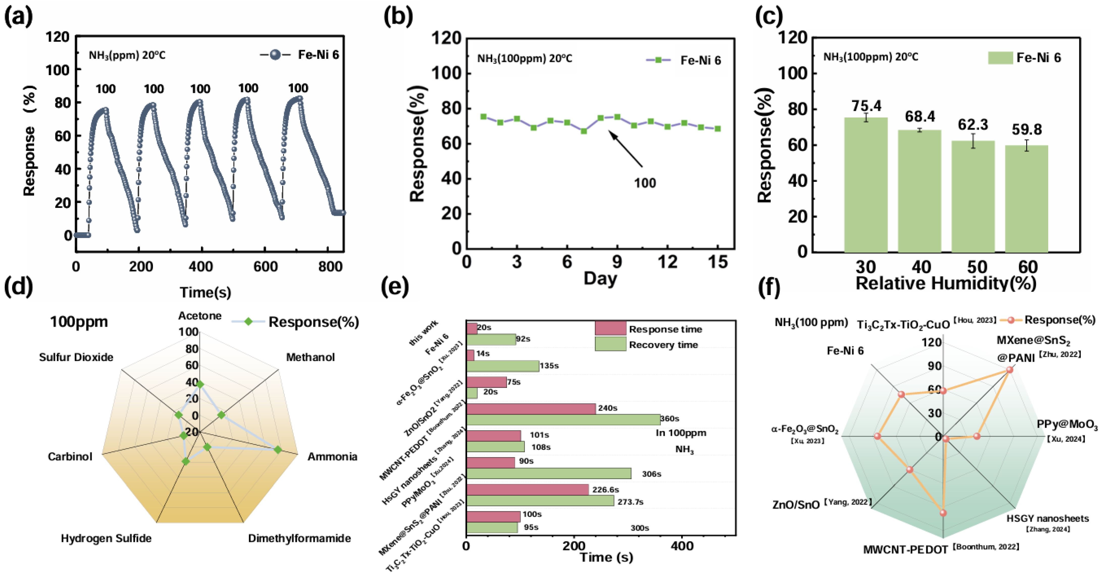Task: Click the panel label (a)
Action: click(18, 17)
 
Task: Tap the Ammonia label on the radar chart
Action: click(332, 457)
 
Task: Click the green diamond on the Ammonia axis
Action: click(278, 450)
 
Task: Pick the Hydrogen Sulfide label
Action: click(106, 538)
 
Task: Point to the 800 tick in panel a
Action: click(330, 267)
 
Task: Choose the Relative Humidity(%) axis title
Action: click(945, 283)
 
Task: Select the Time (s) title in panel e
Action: click(606, 557)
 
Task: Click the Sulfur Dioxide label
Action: click(76, 357)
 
